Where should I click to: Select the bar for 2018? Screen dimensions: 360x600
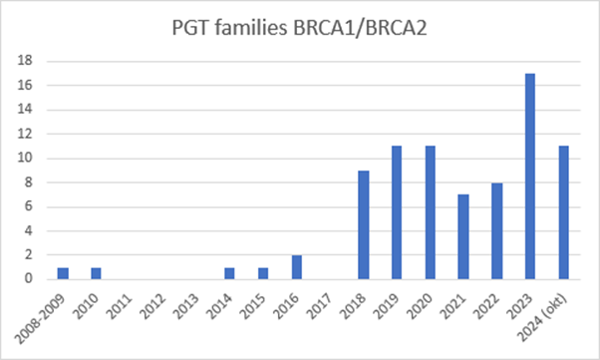click(x=364, y=224)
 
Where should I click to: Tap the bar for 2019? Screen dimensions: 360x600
click(x=397, y=212)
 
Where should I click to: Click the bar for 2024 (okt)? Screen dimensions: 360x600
click(x=565, y=212)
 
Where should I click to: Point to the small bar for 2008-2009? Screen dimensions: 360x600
click(x=63, y=273)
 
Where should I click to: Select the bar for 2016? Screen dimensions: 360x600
click(x=297, y=267)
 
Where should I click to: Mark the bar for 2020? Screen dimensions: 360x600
click(x=431, y=212)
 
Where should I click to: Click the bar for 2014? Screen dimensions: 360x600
click(x=229, y=273)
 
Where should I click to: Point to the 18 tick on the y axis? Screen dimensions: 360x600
click(x=30, y=61)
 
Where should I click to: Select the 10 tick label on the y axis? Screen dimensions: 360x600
click(x=30, y=158)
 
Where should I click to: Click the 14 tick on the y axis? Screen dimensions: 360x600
click(x=30, y=110)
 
